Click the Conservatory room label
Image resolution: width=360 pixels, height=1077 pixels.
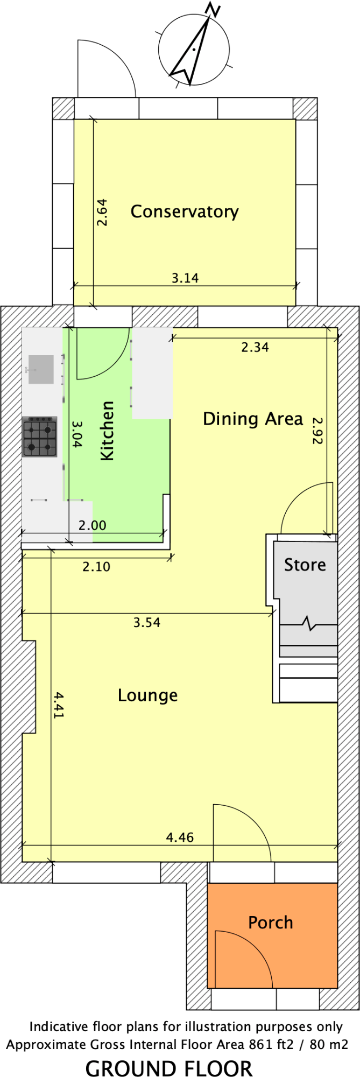185,212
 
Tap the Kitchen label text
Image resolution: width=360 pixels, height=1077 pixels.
108,431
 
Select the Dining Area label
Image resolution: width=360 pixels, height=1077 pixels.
252,419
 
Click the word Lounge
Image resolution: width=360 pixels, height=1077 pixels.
147,695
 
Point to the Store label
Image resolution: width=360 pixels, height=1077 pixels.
305,565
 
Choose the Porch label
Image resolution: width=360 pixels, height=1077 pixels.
270,923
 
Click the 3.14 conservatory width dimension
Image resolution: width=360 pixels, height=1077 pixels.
185,278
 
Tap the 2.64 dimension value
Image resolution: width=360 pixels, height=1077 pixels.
102,212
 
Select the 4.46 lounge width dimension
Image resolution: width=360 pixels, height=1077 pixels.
180,837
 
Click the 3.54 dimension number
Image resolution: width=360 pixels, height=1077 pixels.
147,623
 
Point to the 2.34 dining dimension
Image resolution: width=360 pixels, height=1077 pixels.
255,347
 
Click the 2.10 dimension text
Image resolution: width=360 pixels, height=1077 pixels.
96,566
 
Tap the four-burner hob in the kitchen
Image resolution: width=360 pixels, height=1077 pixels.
40,437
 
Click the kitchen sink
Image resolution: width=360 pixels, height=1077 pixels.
40,370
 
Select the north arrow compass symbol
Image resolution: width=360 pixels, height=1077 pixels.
192,48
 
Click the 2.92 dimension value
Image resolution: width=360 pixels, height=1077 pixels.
316,431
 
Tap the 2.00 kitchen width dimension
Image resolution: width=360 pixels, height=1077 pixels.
93,525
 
